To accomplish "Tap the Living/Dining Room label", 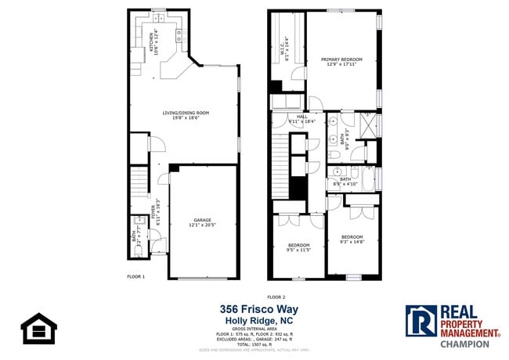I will coord(186,115).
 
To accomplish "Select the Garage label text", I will coord(203,222).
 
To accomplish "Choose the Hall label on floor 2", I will coord(301,120).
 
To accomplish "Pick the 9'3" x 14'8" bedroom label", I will coord(352,239).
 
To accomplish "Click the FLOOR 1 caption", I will coord(136,277).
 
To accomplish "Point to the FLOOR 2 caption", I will coord(276,297).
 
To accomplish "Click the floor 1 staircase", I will coord(139,183).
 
